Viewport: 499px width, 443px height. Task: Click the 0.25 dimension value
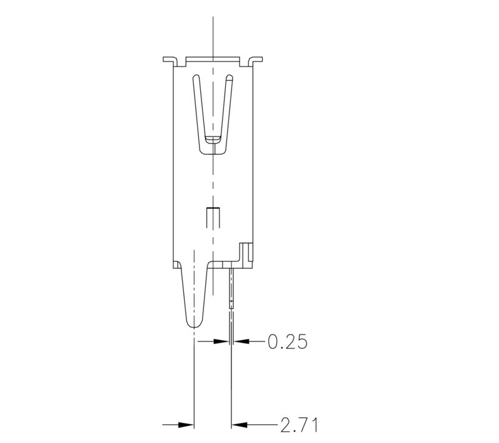click(287, 341)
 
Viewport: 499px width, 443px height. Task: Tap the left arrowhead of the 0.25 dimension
click(220, 341)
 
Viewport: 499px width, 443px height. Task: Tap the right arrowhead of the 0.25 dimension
click(241, 341)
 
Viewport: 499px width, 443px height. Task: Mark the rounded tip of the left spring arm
click(196, 79)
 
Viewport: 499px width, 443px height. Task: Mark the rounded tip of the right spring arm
click(229, 79)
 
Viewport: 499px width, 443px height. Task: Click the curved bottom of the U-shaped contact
click(213, 150)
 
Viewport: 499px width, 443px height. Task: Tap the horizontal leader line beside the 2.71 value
click(262, 425)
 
